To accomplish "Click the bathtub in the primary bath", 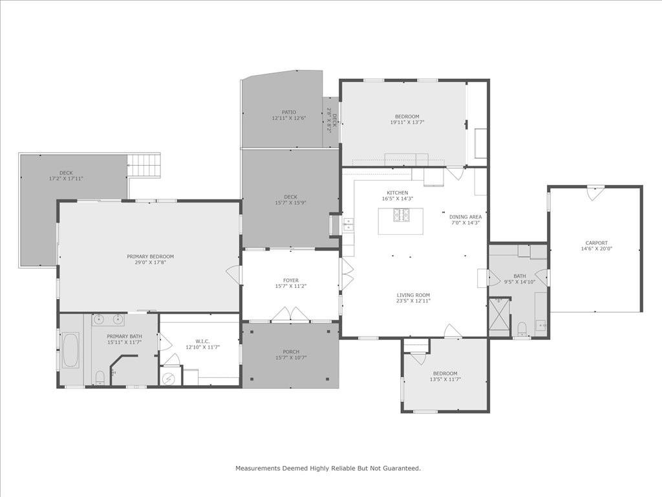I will point(70,350).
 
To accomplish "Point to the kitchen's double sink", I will point(348,225).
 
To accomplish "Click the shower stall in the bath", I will point(499,316).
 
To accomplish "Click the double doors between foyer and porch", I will point(290,315).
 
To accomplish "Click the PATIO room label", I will point(288,112).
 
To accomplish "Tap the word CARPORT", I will point(596,243).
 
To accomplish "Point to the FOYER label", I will point(290,280).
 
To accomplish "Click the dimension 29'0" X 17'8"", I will point(150,263).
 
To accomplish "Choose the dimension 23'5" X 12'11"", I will point(413,301).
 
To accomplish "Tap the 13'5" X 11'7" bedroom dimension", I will point(445,380).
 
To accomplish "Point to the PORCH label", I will point(290,351).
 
